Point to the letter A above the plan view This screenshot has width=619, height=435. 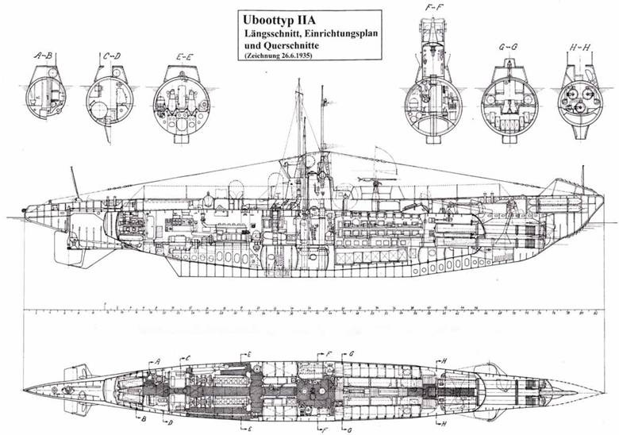point(158,361)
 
